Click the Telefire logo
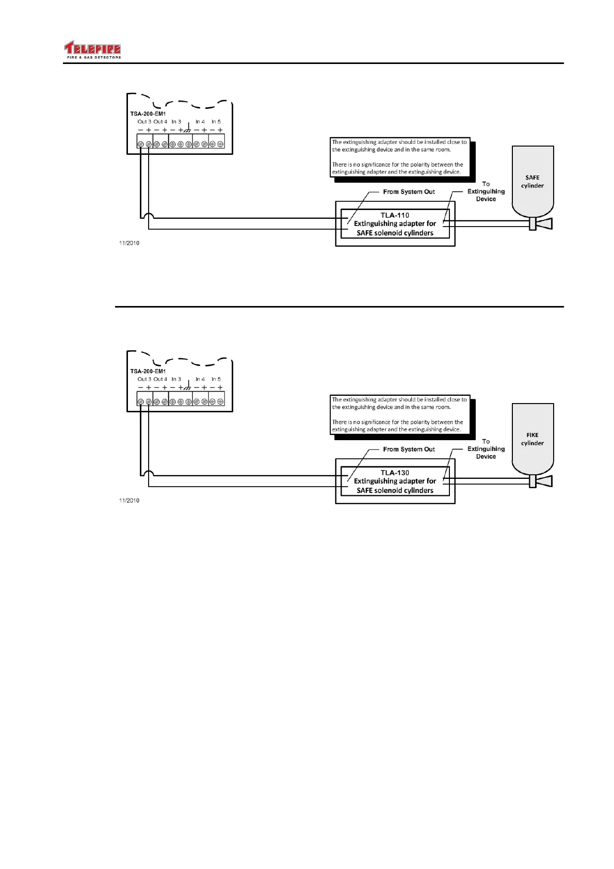[92, 50]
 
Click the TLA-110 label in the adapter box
[395, 215]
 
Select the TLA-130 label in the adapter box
[395, 473]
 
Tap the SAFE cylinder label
[532, 182]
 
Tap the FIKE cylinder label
[532, 439]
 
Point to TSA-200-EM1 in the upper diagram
[148, 114]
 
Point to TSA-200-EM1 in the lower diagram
[148, 372]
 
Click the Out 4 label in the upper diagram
[160, 122]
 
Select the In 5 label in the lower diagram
[216, 379]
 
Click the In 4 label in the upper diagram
[200, 122]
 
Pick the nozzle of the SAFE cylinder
[542, 223]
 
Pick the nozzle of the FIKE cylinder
[542, 481]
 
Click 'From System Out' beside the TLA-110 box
[409, 192]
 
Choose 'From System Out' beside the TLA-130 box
[409, 449]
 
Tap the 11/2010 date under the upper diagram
[129, 243]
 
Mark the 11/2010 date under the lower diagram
[129, 501]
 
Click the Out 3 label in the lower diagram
[144, 379]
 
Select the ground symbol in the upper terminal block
[188, 130]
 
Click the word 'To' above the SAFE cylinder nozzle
[486, 184]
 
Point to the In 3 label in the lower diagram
[176, 379]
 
